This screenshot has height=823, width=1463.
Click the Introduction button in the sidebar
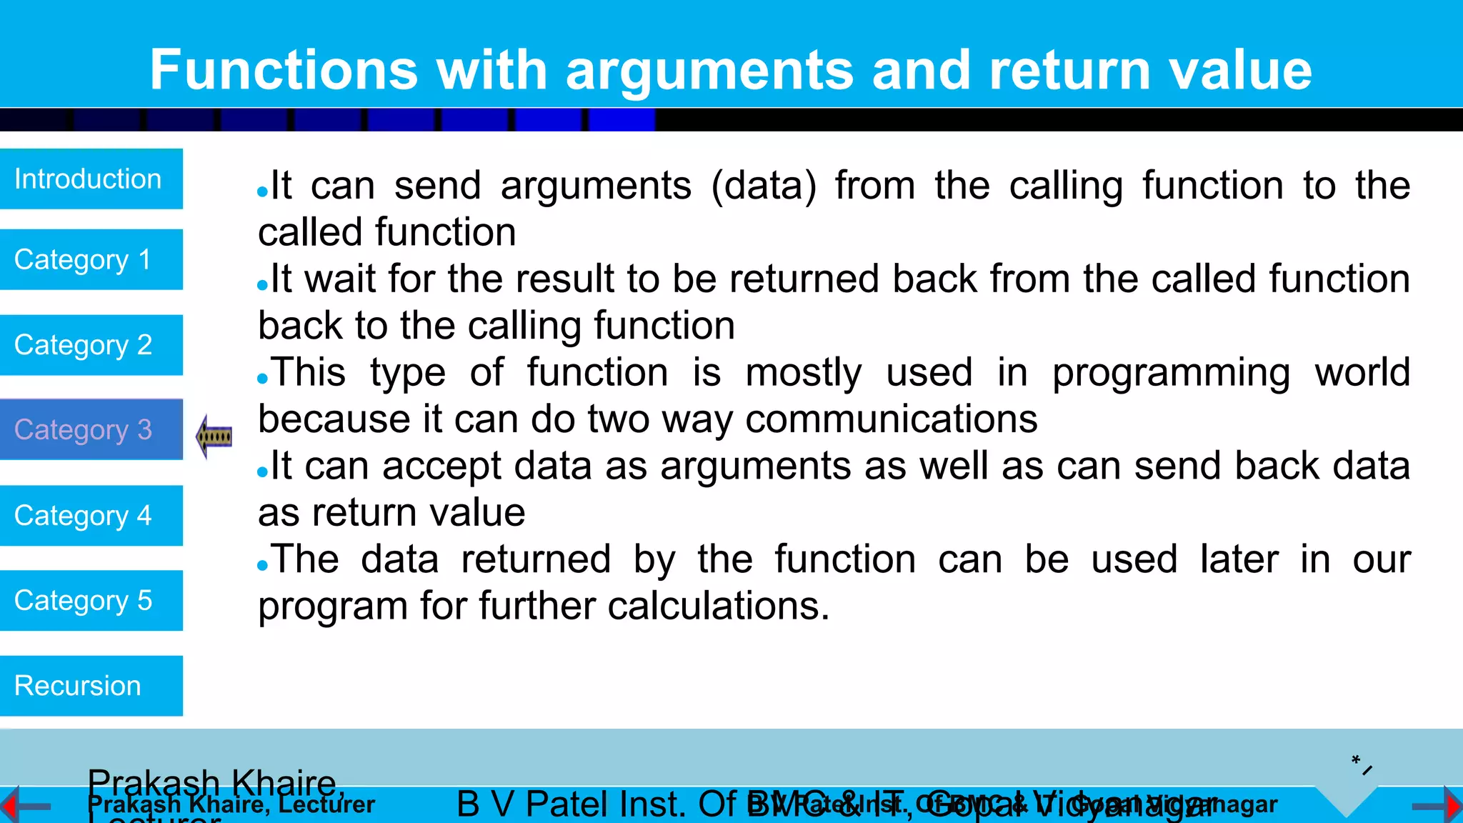(x=91, y=179)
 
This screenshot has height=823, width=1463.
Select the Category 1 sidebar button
(x=91, y=259)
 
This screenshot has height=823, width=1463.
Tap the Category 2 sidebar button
(x=91, y=345)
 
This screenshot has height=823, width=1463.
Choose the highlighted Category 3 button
(x=91, y=429)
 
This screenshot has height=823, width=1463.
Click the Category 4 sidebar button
(x=91, y=515)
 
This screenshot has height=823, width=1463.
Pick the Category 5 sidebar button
(x=91, y=600)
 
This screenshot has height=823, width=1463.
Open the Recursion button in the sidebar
(x=91, y=686)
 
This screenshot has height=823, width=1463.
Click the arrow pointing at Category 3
(x=214, y=436)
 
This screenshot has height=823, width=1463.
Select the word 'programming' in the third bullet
(x=1171, y=373)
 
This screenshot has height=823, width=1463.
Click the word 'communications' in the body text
(x=891, y=419)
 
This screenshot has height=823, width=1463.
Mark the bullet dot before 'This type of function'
(x=262, y=379)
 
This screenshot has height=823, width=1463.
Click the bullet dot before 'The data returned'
(x=262, y=566)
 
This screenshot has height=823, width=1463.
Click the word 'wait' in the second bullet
(x=340, y=279)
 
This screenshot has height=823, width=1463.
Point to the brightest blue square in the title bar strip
(x=621, y=120)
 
